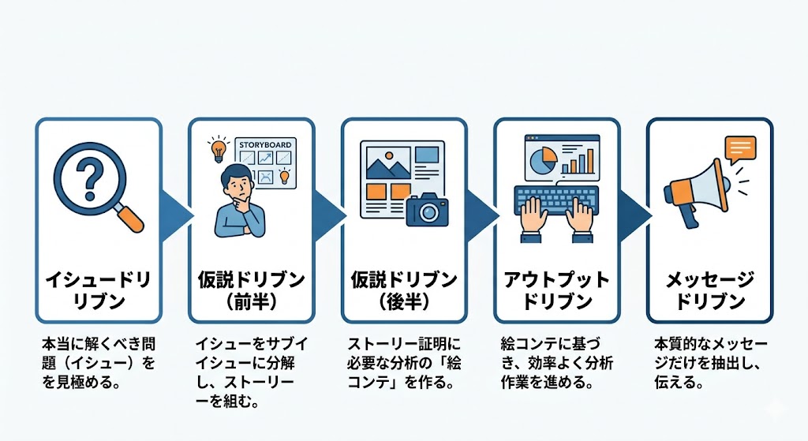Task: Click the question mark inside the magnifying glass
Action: click(88, 178)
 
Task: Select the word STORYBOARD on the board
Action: click(264, 145)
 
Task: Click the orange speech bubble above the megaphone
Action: click(739, 149)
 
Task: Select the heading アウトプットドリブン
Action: click(557, 290)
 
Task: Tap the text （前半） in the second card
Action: click(251, 301)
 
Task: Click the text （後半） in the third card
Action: click(403, 301)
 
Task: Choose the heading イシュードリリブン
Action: click(98, 290)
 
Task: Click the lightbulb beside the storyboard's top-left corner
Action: click(216, 148)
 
